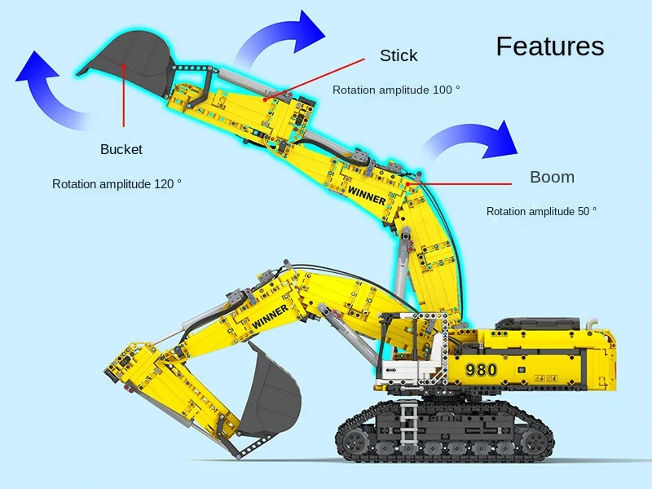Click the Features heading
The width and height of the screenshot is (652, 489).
[x=550, y=46]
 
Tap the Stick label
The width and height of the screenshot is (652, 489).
[x=399, y=55]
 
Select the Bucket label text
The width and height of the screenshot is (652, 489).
[x=121, y=149]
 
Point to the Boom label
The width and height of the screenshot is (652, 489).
[x=552, y=177]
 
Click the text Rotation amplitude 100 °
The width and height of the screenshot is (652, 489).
[x=396, y=90]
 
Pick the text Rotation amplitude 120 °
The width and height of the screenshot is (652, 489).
[x=117, y=184]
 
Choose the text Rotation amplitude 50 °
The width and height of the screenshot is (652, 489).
[x=541, y=211]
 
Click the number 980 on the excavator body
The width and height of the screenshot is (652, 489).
[x=481, y=369]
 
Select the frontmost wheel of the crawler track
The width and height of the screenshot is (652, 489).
[x=355, y=441]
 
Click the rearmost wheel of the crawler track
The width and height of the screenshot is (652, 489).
[x=536, y=441]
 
